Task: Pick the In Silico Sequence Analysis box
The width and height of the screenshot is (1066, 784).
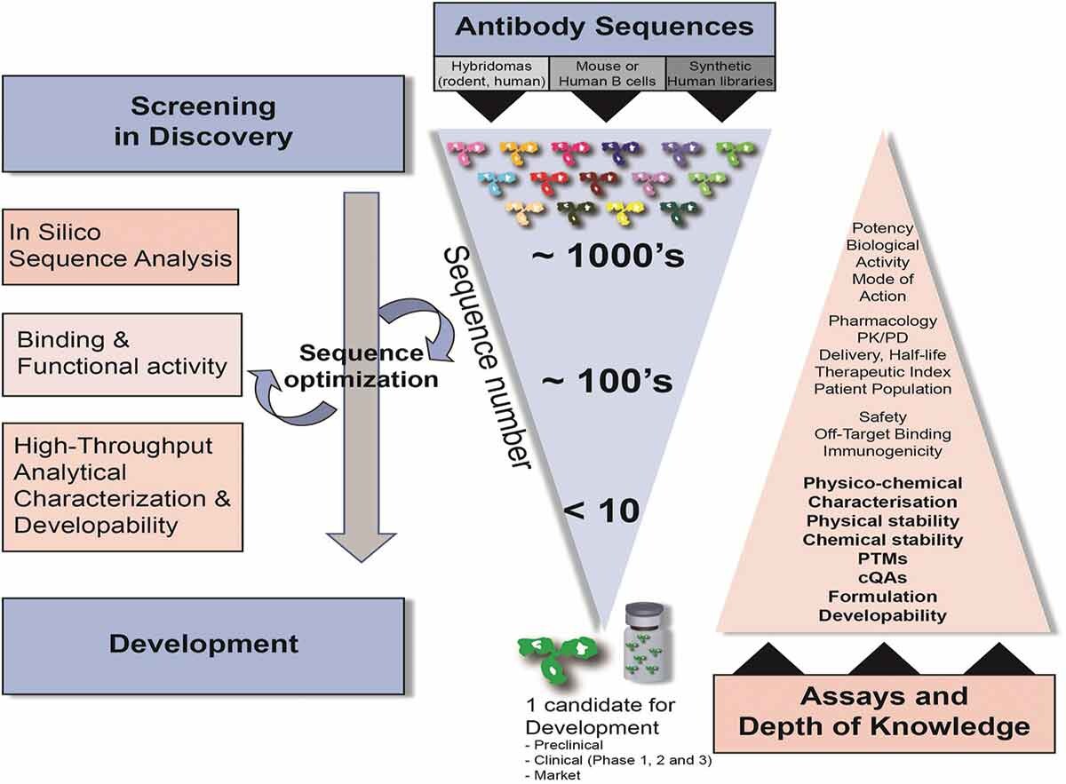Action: click(121, 247)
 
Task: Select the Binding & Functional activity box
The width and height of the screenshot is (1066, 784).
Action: click(121, 353)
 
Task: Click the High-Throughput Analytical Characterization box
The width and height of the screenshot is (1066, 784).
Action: click(121, 485)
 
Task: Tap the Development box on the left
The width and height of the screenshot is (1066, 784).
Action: click(203, 643)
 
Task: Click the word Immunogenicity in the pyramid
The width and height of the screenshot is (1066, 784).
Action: click(882, 451)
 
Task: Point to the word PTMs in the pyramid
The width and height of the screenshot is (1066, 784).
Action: click(882, 558)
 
